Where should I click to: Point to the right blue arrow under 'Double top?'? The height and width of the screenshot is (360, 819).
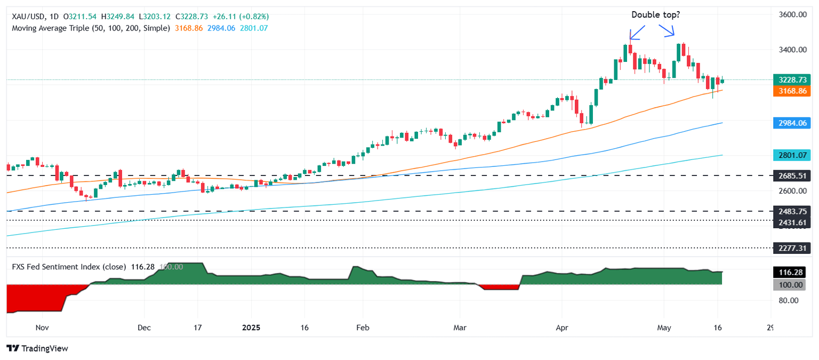[668, 31]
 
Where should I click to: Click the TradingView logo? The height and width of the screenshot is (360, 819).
[37, 348]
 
